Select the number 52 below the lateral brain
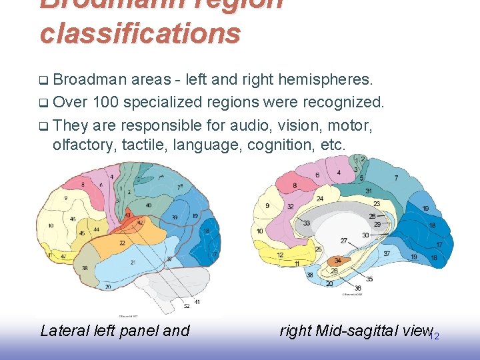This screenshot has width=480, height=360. coord(187,305)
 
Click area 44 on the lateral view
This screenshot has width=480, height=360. coord(97,229)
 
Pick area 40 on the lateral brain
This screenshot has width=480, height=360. coord(148,205)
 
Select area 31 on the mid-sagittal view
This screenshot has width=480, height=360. coord(369,191)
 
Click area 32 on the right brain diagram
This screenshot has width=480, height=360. coord(290,207)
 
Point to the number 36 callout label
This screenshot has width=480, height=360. coord(358,288)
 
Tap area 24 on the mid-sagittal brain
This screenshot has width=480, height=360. coord(320,199)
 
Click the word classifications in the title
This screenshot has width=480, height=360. coord(139,32)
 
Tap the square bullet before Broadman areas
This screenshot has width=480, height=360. coord(43,81)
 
